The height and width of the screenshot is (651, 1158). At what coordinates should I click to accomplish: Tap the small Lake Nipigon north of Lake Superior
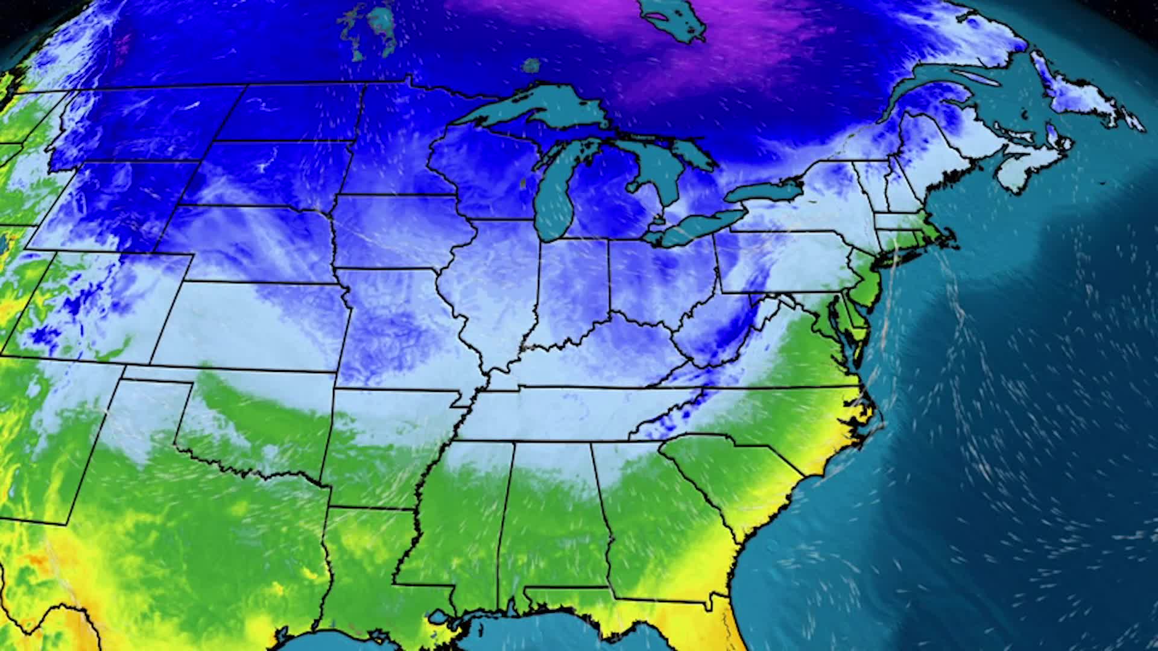tap(531, 64)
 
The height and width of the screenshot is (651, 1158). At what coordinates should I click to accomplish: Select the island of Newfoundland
tap(1086, 96)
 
